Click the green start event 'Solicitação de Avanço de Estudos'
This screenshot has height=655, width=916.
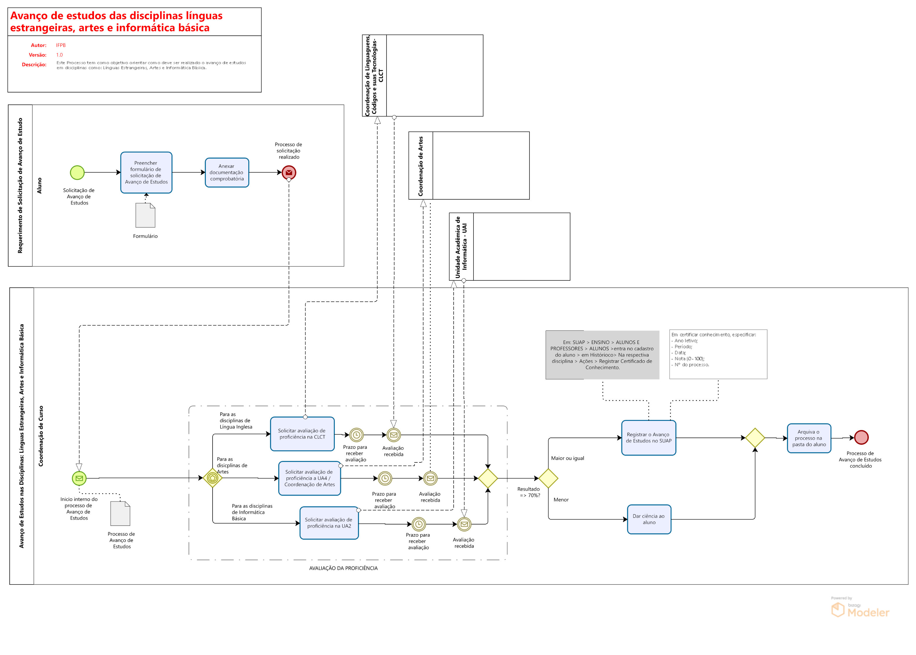(77, 173)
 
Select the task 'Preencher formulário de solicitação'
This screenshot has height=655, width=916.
(146, 173)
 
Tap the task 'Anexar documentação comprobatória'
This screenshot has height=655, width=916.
(227, 173)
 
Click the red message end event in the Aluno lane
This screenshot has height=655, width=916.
(289, 173)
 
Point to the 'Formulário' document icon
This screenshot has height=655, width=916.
(145, 215)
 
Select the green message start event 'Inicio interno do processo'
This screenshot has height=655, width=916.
(79, 478)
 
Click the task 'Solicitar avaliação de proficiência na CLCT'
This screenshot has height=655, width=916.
(302, 434)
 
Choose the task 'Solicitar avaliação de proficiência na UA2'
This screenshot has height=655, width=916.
(329, 523)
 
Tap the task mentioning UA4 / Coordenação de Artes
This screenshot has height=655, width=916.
(310, 478)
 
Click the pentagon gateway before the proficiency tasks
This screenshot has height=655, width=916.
(213, 478)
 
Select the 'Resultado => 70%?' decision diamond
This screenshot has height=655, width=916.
(548, 478)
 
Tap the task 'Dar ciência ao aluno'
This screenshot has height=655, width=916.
(649, 519)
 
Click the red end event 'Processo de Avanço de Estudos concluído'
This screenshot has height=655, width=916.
(861, 438)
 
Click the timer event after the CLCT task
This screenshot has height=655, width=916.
(356, 435)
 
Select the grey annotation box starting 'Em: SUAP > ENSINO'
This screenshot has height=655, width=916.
(602, 355)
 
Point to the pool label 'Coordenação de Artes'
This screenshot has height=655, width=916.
(421, 166)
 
